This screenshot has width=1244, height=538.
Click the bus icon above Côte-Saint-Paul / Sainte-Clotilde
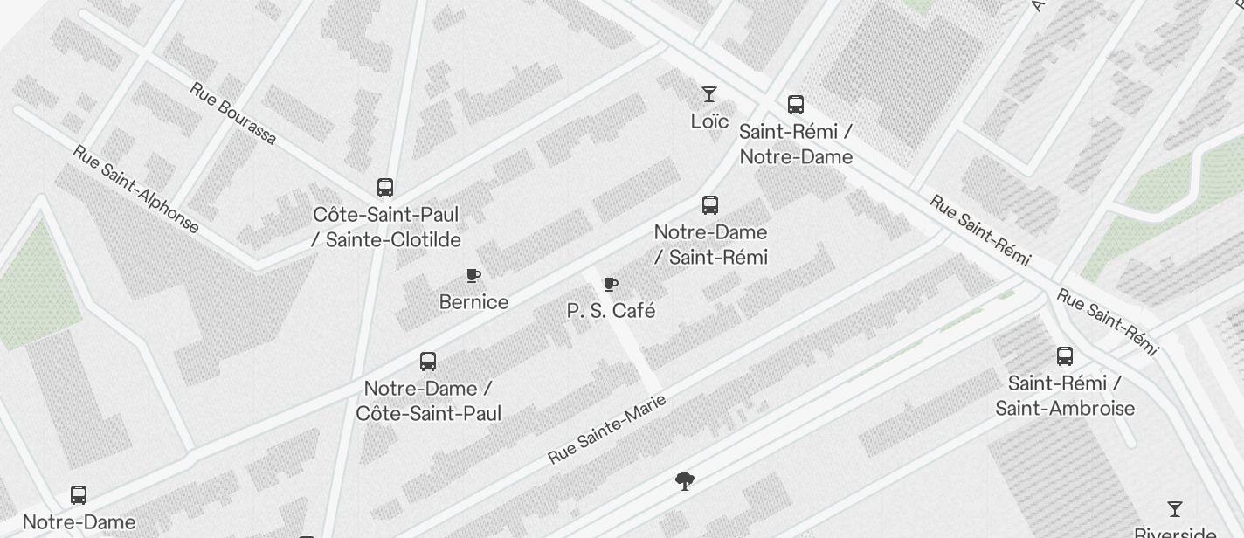pyautogui.click(x=385, y=187)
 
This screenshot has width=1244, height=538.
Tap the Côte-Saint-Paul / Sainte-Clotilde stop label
pyautogui.click(x=386, y=227)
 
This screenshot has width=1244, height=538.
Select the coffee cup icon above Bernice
pyautogui.click(x=473, y=276)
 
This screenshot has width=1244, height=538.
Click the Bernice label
pyautogui.click(x=473, y=302)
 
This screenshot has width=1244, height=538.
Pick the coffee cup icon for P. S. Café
pyautogui.click(x=611, y=285)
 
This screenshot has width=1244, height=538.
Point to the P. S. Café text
pyautogui.click(x=611, y=311)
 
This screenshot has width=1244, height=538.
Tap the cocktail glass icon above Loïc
pyautogui.click(x=709, y=93)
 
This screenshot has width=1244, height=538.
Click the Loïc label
pyautogui.click(x=709, y=121)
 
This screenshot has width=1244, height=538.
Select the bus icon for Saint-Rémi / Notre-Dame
pyautogui.click(x=796, y=105)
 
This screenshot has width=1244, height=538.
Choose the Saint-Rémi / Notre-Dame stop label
pyautogui.click(x=796, y=144)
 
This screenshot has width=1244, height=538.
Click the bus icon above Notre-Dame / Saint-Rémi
pyautogui.click(x=710, y=205)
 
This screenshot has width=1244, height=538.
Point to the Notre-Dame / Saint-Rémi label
pyautogui.click(x=711, y=245)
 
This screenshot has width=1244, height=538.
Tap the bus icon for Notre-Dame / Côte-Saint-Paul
pyautogui.click(x=428, y=362)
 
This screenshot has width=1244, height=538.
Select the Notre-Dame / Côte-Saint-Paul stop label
pyautogui.click(x=429, y=401)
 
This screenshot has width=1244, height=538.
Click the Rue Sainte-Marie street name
pyautogui.click(x=607, y=429)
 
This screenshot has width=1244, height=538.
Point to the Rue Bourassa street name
pyautogui.click(x=233, y=114)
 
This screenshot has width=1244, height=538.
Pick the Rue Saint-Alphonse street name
pyautogui.click(x=135, y=190)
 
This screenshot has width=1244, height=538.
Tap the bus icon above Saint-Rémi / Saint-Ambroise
pyautogui.click(x=1065, y=356)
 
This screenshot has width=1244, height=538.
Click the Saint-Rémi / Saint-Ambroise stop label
pyautogui.click(x=1065, y=396)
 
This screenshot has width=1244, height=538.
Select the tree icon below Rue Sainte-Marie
pyautogui.click(x=685, y=480)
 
